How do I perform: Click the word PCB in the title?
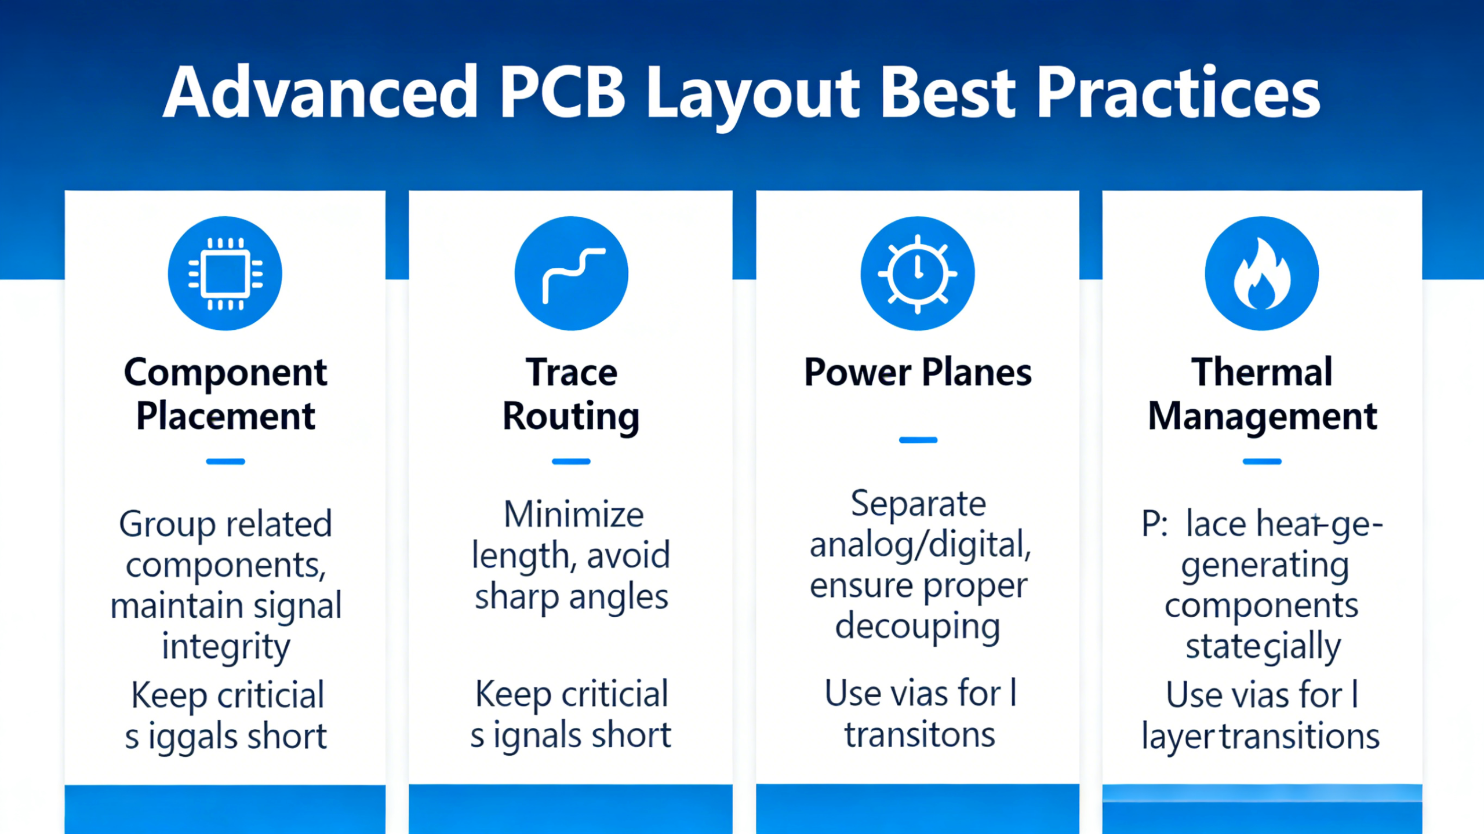tap(562, 93)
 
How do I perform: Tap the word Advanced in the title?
tap(321, 93)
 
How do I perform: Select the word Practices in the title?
tap(1178, 93)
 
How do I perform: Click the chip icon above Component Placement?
tap(225, 274)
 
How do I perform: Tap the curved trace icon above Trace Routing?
tap(571, 274)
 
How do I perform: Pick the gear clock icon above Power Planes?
tap(917, 274)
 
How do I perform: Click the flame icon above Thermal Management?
tap(1261, 274)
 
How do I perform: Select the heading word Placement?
tap(225, 416)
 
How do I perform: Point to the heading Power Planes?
tap(918, 372)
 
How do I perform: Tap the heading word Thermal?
tap(1262, 372)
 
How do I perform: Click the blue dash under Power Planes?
tap(918, 440)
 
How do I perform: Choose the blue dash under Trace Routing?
tap(571, 461)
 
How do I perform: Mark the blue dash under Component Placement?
tap(225, 461)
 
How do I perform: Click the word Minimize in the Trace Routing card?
tap(573, 515)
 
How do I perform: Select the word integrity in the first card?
tap(225, 647)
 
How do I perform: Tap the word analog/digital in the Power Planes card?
tap(920, 546)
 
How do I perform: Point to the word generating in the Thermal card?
tap(1265, 566)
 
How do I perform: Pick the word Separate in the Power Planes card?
tap(918, 503)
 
